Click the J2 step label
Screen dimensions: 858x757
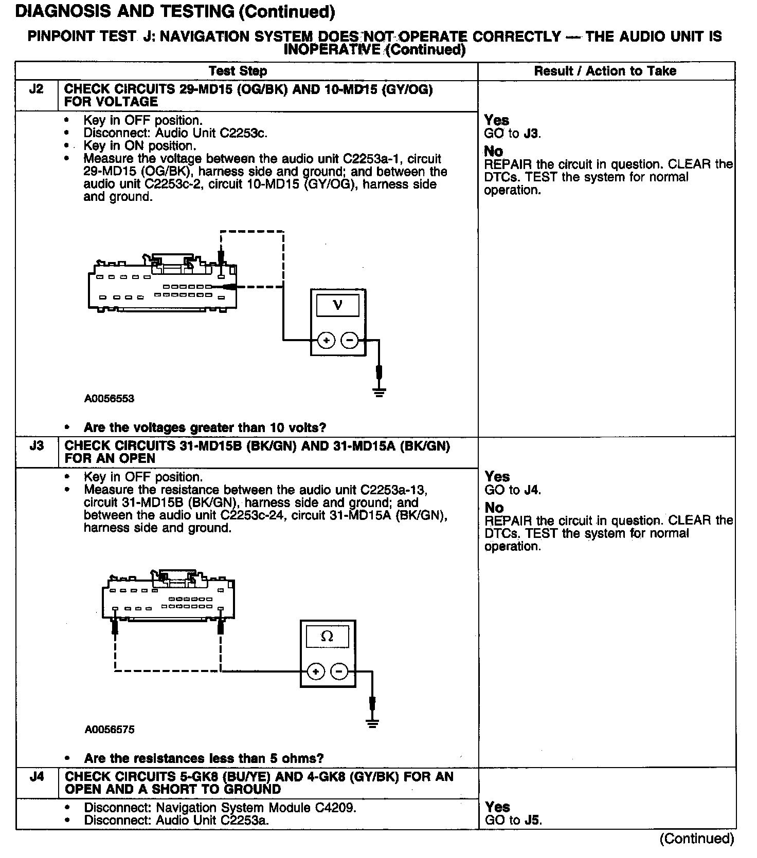tap(36, 89)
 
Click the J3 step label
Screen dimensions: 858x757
tap(37, 446)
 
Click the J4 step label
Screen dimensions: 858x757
tap(37, 777)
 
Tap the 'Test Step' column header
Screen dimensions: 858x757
tap(238, 71)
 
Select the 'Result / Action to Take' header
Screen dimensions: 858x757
tap(605, 71)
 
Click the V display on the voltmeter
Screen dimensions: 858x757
tap(338, 305)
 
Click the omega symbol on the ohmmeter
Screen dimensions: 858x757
tap(327, 637)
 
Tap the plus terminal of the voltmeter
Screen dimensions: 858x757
tap(326, 340)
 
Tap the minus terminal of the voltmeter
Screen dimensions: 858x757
tap(350, 340)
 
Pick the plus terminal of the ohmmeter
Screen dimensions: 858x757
tap(316, 672)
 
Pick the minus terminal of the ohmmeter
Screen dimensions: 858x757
tap(338, 672)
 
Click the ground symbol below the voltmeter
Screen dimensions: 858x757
tap(379, 393)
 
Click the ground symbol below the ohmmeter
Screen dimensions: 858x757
tap(372, 723)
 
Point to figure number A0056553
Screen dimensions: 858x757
tap(110, 399)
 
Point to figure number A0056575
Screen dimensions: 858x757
tap(110, 730)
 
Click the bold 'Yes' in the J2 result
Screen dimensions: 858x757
tap(497, 120)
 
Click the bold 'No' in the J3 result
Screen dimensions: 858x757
tap(494, 508)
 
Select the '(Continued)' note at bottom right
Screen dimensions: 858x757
tap(697, 839)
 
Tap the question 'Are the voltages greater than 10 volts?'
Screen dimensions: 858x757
tap(205, 427)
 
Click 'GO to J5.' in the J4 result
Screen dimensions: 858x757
tap(513, 820)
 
